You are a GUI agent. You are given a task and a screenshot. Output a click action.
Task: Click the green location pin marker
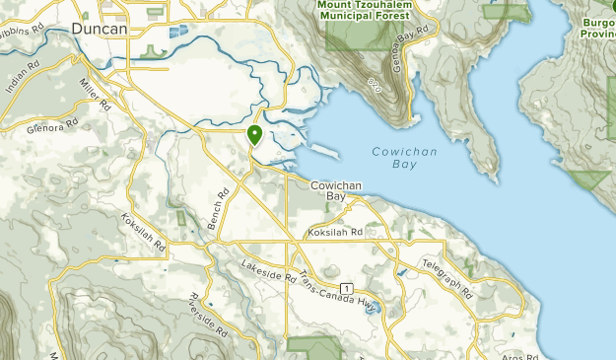[x=255, y=135]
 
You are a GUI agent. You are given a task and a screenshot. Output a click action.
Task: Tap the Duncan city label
[x=99, y=30]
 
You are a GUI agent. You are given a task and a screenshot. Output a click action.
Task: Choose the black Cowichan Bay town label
[x=337, y=190]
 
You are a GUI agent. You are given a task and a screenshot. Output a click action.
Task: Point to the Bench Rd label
[x=218, y=209]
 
